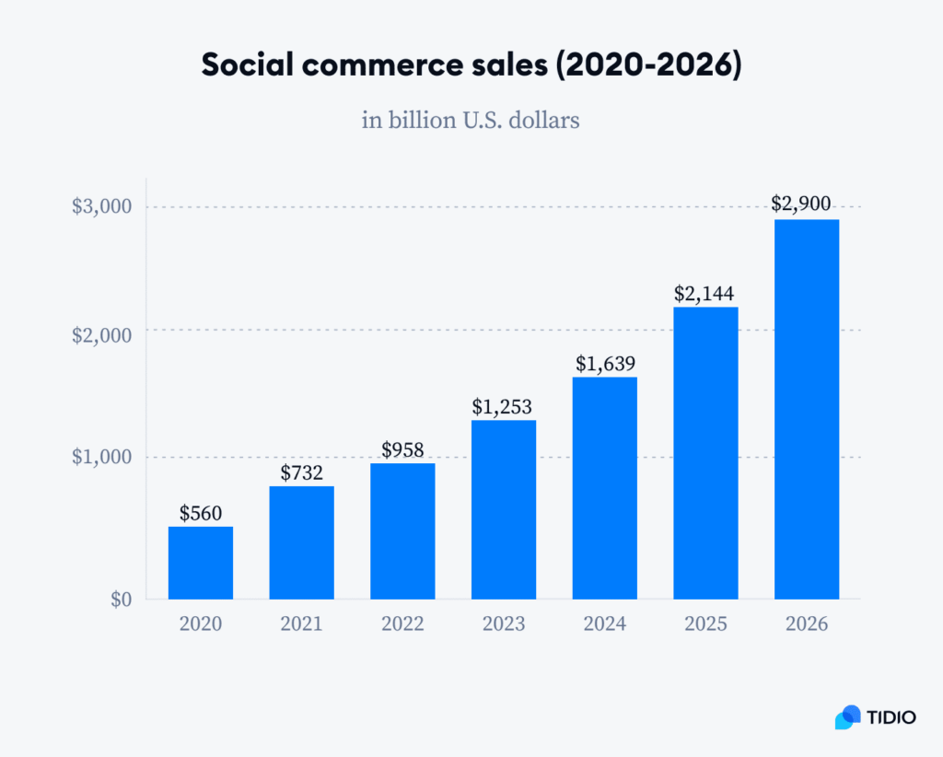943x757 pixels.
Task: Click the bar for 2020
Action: coord(201,563)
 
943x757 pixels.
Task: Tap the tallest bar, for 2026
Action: coord(807,409)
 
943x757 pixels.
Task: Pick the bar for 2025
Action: coord(705,452)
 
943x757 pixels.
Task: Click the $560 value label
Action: coord(201,513)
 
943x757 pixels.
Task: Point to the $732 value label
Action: coord(302,472)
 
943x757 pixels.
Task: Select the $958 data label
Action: coord(402,449)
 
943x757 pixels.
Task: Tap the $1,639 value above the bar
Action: coord(605,364)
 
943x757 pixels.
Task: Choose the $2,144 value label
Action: coord(705,294)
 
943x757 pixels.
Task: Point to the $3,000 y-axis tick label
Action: coord(102,206)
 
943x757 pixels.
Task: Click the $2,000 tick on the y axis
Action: coord(102,334)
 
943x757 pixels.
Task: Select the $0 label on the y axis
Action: coord(122,600)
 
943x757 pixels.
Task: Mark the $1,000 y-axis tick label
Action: coord(102,458)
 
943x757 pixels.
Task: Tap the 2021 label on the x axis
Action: coord(302,623)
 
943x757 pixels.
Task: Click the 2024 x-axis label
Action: coord(605,623)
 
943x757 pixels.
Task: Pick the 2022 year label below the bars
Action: coord(402,623)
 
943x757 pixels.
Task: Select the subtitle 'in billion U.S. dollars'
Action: coord(471,120)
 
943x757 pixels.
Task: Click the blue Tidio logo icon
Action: coord(847,717)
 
